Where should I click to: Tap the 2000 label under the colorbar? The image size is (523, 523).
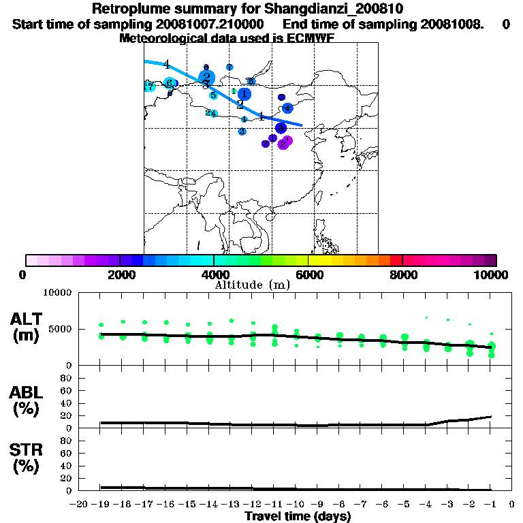[x=120, y=274]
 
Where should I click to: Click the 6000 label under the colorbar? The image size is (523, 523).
[x=308, y=274]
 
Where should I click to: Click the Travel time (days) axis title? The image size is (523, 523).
[x=298, y=517]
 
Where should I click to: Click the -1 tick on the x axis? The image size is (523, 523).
[x=490, y=505]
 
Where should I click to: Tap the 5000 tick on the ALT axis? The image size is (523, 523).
[x=61, y=329]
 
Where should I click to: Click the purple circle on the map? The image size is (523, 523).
[x=285, y=142]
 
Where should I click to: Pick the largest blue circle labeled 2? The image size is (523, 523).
[x=206, y=78]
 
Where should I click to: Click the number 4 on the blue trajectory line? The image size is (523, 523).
[x=166, y=65]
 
